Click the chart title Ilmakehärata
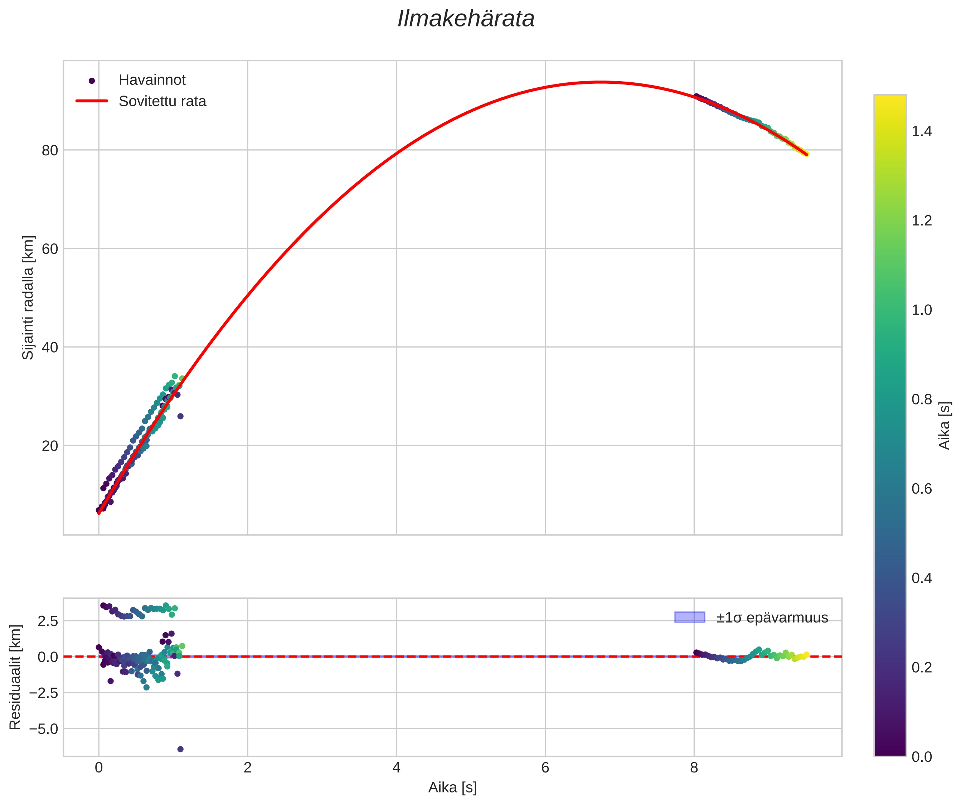pos(466,19)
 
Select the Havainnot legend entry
pos(151,80)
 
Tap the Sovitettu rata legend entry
pos(162,101)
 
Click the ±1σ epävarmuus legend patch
pos(689,617)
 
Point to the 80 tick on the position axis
pos(50,151)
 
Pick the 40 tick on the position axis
pos(50,347)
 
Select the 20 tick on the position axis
pos(50,446)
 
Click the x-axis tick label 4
pos(396,768)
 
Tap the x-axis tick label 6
pos(545,768)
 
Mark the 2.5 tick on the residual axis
pos(48,621)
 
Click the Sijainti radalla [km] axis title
pos(28,297)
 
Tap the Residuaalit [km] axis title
pos(15,677)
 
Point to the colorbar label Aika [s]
pos(945,426)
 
